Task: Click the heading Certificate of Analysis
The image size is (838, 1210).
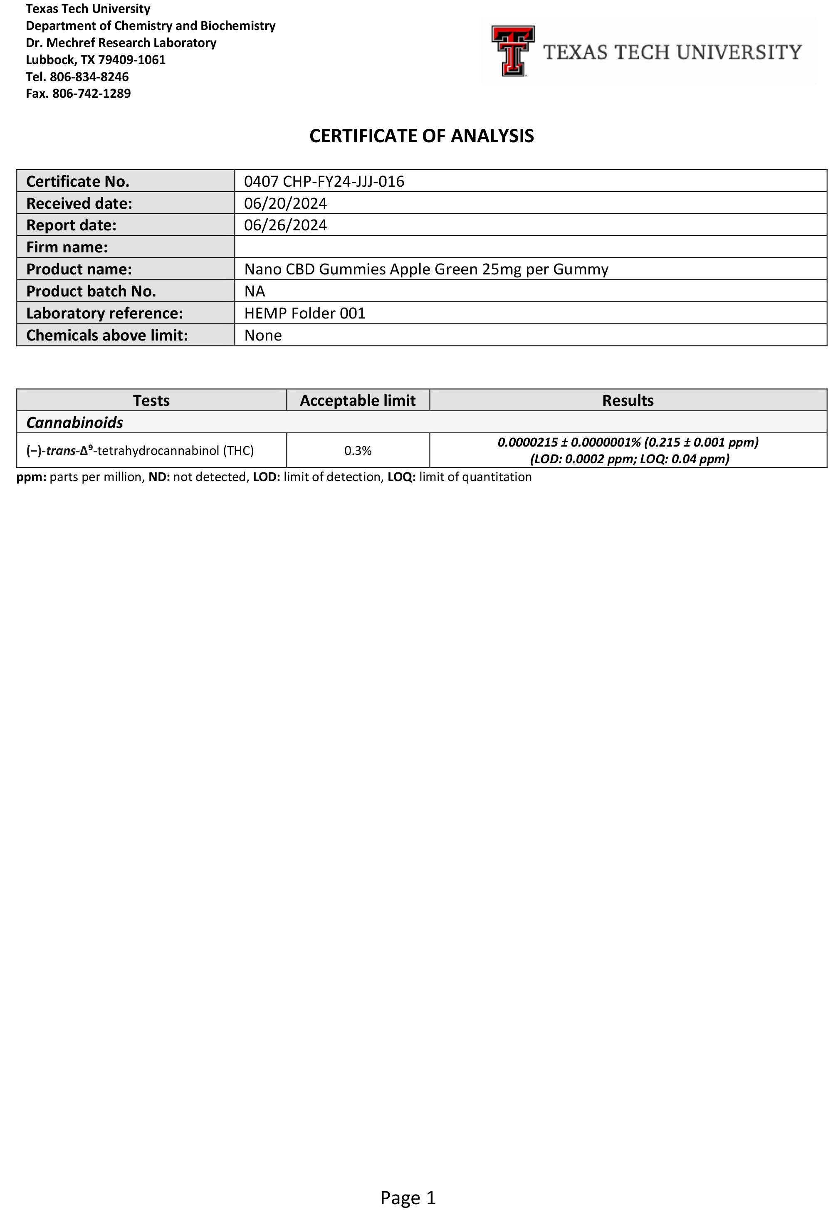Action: pos(421,136)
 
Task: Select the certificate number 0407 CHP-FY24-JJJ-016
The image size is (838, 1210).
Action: pos(324,181)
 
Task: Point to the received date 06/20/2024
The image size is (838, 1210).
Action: pos(285,203)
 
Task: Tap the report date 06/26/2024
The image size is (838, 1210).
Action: pos(285,225)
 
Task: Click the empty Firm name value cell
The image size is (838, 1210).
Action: pos(530,247)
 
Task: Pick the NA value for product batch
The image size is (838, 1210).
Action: pos(255,291)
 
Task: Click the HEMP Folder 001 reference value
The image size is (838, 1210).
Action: pos(304,314)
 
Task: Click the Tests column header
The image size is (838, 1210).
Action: pos(151,400)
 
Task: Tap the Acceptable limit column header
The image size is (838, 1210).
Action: pos(358,400)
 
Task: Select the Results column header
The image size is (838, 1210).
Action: pos(628,400)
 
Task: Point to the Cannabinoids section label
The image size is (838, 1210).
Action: pos(74,422)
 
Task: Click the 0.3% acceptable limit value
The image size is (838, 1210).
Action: pos(358,450)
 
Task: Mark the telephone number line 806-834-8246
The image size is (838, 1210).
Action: pos(77,77)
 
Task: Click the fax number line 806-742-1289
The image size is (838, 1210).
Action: pos(78,94)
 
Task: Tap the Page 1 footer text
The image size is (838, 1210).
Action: pos(408,1198)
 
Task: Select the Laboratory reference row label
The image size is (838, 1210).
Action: pos(104,314)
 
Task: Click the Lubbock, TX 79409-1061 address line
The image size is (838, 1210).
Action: pos(96,60)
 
